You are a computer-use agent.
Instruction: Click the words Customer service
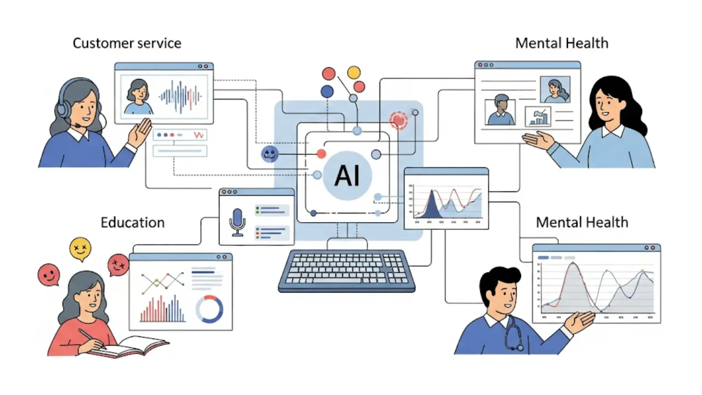pyautogui.click(x=127, y=43)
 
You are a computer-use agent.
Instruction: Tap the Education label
pyautogui.click(x=132, y=222)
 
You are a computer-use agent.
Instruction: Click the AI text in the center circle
pyautogui.click(x=348, y=176)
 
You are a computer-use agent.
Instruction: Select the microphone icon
pyautogui.click(x=237, y=221)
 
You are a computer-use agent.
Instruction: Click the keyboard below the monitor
pyautogui.click(x=347, y=271)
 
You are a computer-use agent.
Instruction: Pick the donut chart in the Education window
pyautogui.click(x=210, y=309)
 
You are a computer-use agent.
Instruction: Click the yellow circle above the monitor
pyautogui.click(x=354, y=72)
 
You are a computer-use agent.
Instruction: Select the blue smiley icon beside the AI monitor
pyautogui.click(x=270, y=155)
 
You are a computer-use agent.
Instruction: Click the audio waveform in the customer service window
pyautogui.click(x=179, y=97)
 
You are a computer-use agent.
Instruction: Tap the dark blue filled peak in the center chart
pyautogui.click(x=433, y=205)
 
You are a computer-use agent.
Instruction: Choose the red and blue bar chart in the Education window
pyautogui.click(x=162, y=309)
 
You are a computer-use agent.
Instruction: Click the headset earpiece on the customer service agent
pyautogui.click(x=64, y=109)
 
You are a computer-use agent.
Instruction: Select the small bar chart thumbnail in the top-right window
pyautogui.click(x=537, y=116)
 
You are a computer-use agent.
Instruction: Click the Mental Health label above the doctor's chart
pyautogui.click(x=582, y=222)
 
